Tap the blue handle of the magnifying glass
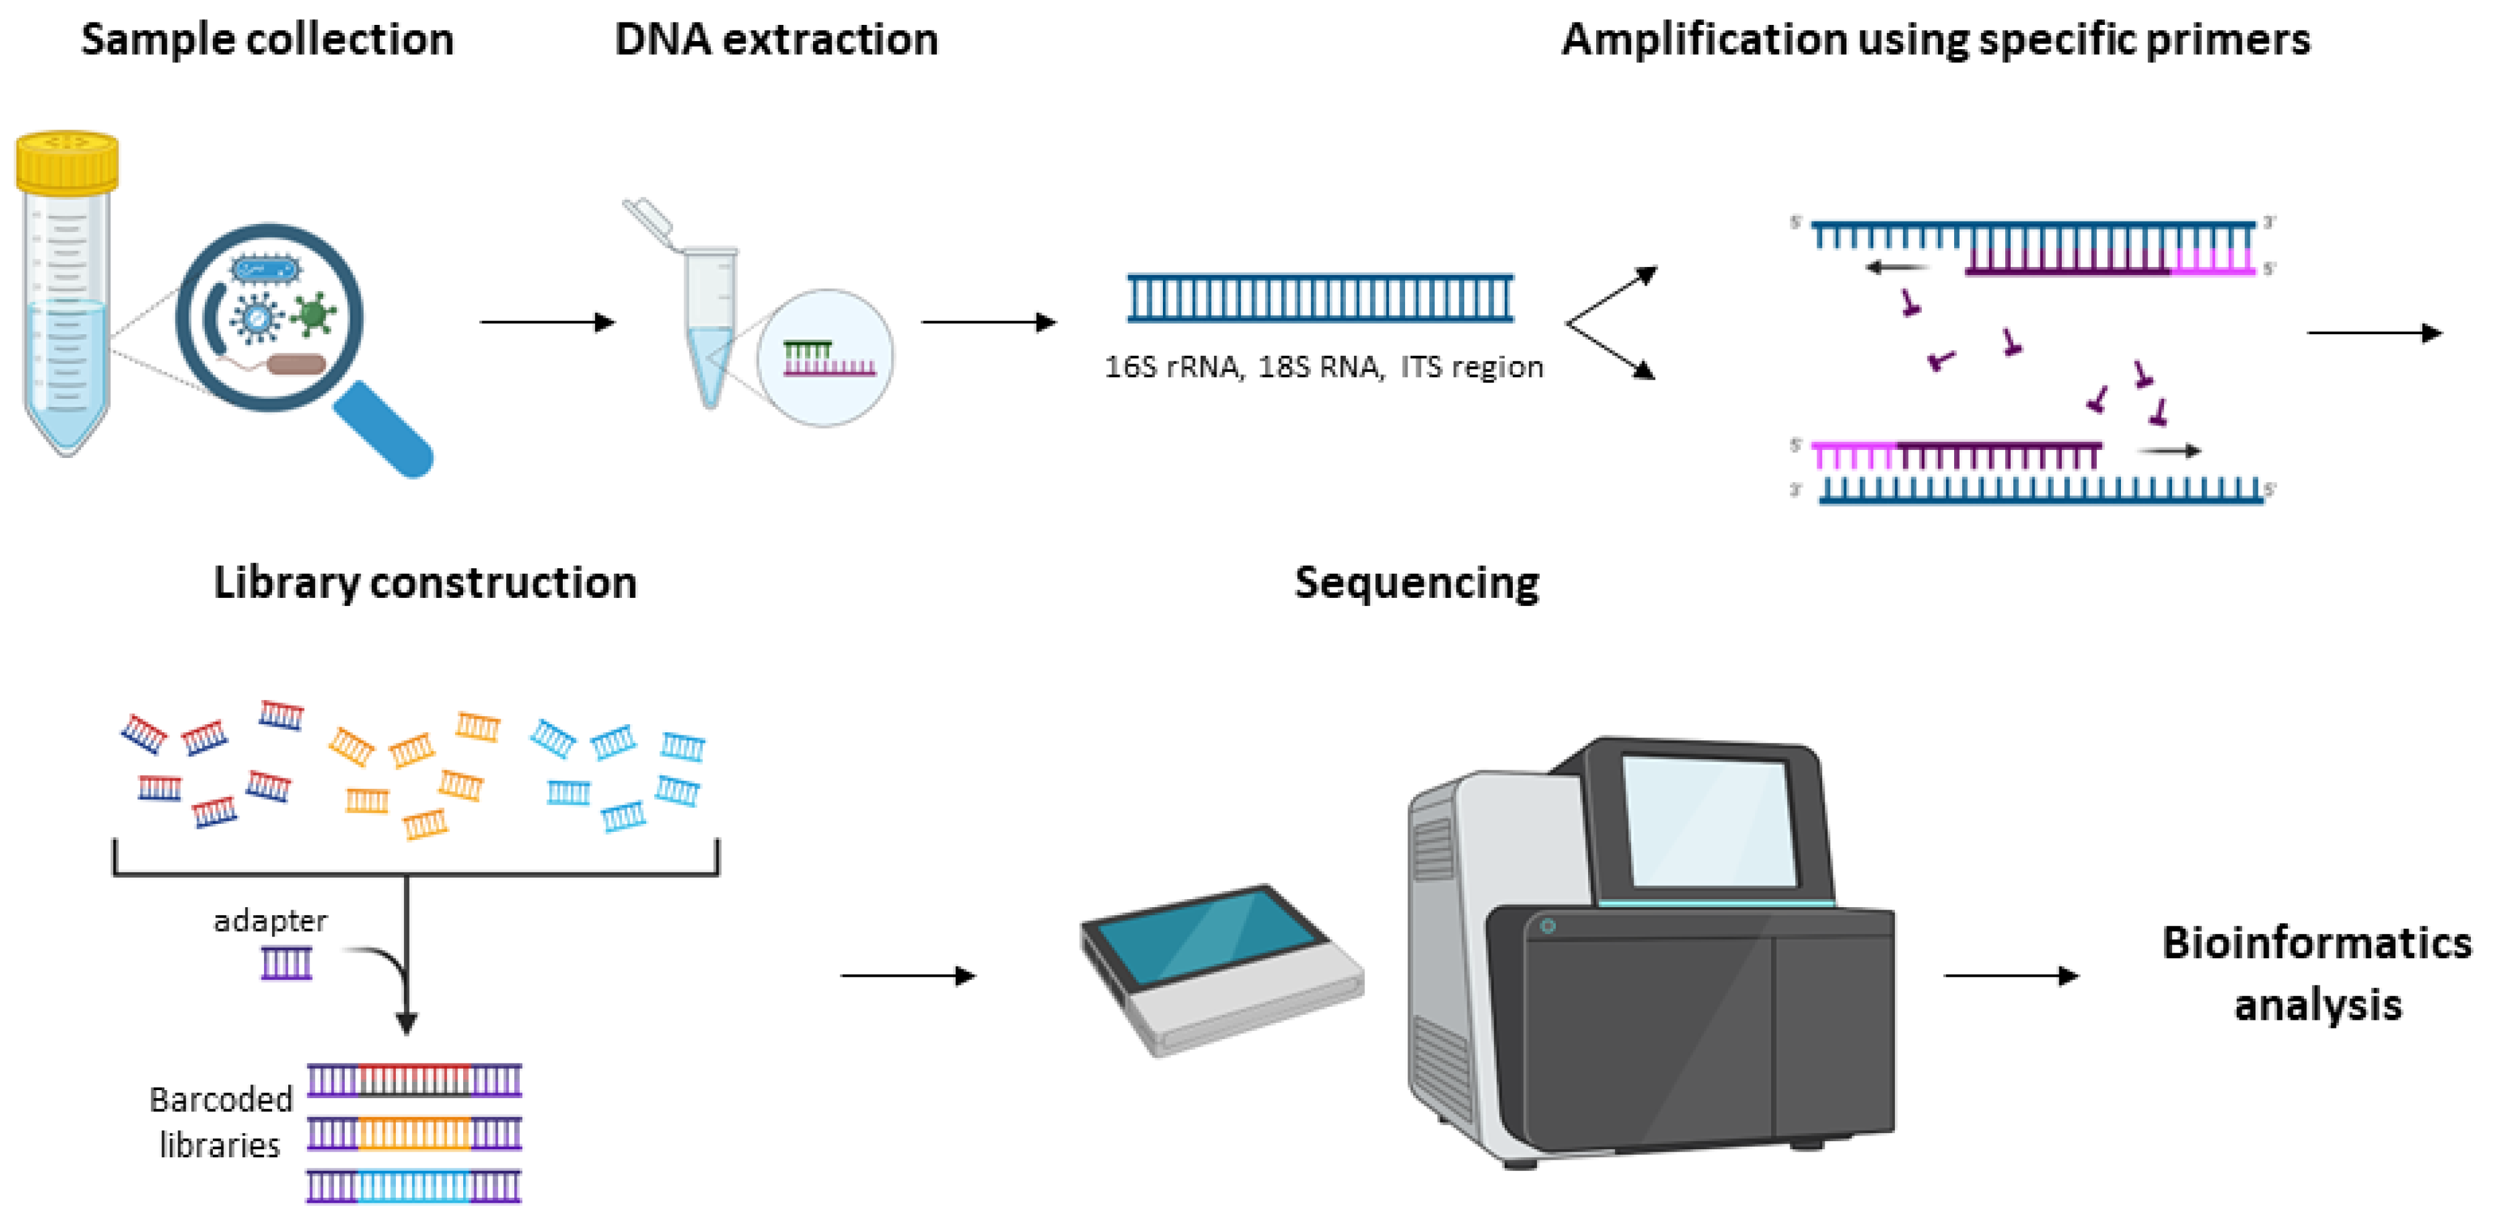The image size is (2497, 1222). pos(383,428)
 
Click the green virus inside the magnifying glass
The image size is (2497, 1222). pos(312,313)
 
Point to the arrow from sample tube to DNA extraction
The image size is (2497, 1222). pos(548,322)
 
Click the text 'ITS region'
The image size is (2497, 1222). pos(1472,367)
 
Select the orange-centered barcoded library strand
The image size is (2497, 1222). pos(414,1133)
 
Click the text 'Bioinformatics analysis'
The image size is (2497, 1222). pos(2316,973)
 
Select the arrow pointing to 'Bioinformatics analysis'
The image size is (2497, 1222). pos(2011,975)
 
